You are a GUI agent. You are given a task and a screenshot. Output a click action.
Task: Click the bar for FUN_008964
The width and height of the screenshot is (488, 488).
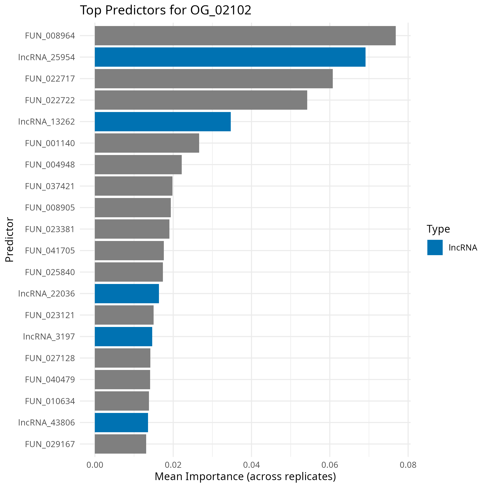245,36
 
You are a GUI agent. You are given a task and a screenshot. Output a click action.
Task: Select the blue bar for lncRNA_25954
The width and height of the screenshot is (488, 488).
230,57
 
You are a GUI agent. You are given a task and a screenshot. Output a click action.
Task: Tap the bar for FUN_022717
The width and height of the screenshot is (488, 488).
213,79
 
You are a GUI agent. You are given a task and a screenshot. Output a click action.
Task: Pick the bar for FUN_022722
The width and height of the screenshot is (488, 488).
201,100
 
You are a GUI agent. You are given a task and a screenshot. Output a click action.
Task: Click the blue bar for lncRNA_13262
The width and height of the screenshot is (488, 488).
163,122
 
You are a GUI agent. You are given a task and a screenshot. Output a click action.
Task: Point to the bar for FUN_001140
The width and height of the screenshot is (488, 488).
147,143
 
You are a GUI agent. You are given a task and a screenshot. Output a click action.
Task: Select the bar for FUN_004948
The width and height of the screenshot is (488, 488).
138,165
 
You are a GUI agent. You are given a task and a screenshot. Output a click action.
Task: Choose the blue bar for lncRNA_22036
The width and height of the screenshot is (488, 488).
127,293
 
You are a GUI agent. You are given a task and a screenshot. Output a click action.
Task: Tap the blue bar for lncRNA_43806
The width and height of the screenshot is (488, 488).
121,422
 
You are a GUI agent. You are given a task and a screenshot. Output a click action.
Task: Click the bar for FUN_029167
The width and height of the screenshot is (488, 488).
120,444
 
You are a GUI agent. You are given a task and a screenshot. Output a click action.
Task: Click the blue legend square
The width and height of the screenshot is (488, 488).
435,247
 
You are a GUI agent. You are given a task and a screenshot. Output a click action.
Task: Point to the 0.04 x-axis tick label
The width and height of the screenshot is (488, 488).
251,465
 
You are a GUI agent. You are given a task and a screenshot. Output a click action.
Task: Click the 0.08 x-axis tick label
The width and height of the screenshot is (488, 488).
408,465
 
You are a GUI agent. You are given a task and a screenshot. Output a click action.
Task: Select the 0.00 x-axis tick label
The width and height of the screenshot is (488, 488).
95,465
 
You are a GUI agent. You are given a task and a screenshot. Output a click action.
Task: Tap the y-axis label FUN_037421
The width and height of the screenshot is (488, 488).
50,186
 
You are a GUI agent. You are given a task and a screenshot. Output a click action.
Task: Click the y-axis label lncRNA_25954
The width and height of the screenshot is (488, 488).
46,57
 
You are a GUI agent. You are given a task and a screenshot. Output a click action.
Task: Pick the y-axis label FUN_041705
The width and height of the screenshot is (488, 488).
50,251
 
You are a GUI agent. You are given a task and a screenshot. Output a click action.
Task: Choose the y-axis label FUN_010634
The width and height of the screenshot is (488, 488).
50,401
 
